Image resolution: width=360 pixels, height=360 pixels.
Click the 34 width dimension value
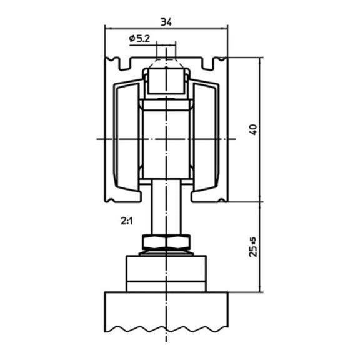[x=166, y=22]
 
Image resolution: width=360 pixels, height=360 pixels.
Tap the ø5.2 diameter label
[x=139, y=39]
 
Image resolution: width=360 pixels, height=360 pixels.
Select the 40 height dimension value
[x=253, y=129]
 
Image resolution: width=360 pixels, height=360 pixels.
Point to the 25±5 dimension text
[x=253, y=247]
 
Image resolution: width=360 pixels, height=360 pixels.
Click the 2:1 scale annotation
[x=127, y=221]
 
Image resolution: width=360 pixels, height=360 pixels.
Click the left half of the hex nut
[x=154, y=242]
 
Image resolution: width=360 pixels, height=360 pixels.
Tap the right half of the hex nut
[x=178, y=242]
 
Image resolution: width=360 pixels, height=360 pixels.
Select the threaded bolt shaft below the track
[x=166, y=207]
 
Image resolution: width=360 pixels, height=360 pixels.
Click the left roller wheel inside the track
[x=127, y=137]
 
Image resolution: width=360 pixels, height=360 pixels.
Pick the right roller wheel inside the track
[x=206, y=137]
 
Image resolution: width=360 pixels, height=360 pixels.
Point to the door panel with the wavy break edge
[x=166, y=312]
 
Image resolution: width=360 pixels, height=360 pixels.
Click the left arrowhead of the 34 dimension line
[x=107, y=29]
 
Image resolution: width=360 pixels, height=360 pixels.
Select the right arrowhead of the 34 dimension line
[x=225, y=29]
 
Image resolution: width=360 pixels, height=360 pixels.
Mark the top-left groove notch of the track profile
[x=124, y=64]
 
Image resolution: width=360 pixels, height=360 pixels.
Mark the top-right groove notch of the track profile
[x=207, y=64]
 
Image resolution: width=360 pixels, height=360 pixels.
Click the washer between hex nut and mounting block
[x=166, y=252]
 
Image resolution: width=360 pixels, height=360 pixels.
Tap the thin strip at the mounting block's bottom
[x=166, y=286]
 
